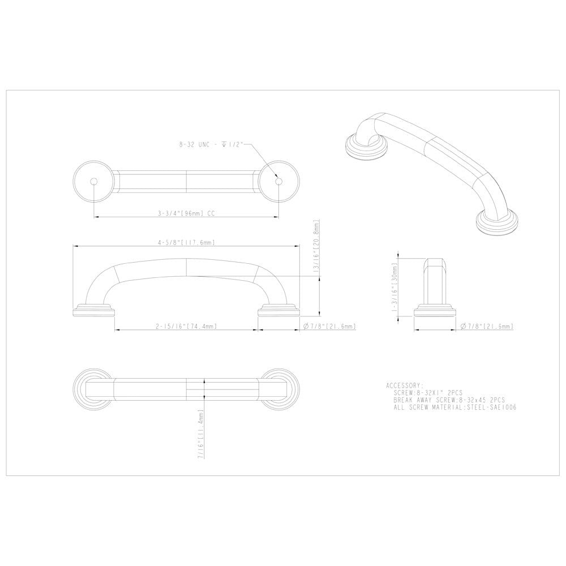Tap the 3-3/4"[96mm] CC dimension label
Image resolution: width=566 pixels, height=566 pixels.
pyautogui.click(x=187, y=214)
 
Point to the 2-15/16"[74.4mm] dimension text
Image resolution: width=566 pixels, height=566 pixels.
pyautogui.click(x=187, y=327)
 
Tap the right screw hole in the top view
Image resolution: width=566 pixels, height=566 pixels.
pyautogui.click(x=278, y=182)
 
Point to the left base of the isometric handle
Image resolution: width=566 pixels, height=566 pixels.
pyautogui.click(x=361, y=148)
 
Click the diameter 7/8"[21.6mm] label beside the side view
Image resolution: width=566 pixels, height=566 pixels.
pyautogui.click(x=487, y=327)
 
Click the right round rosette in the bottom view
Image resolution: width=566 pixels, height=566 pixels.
pyautogui.click(x=278, y=388)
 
